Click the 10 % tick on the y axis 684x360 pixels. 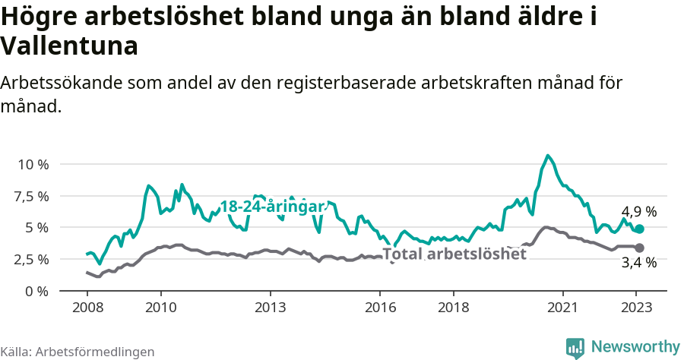(33, 164)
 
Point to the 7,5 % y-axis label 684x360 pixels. (31, 196)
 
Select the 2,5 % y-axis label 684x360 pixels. (31, 259)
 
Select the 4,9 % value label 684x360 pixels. (639, 212)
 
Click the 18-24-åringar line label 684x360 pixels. (272, 207)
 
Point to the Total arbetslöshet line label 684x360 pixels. (454, 254)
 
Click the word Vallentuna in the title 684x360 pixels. (69, 46)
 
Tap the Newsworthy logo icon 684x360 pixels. (575, 347)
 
